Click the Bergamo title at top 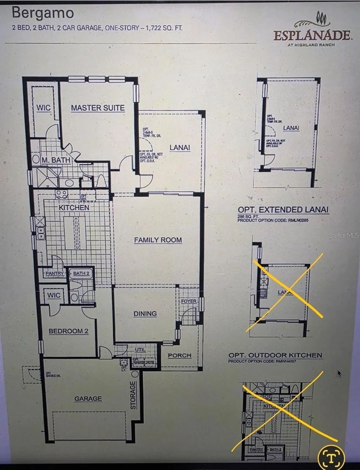[43, 13]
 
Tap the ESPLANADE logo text [312, 35]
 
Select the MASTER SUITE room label [98, 108]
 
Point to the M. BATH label [56, 160]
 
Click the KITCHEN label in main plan [74, 207]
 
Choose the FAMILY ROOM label [158, 240]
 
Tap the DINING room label [145, 314]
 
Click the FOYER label [189, 301]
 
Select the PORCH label [179, 355]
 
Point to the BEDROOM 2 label [68, 331]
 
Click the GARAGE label [88, 399]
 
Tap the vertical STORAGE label [133, 395]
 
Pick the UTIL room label [140, 350]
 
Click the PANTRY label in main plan [55, 274]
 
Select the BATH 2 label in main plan [81, 274]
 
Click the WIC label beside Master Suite [43, 108]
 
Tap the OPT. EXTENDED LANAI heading [283, 210]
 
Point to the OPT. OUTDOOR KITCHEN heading [275, 355]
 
